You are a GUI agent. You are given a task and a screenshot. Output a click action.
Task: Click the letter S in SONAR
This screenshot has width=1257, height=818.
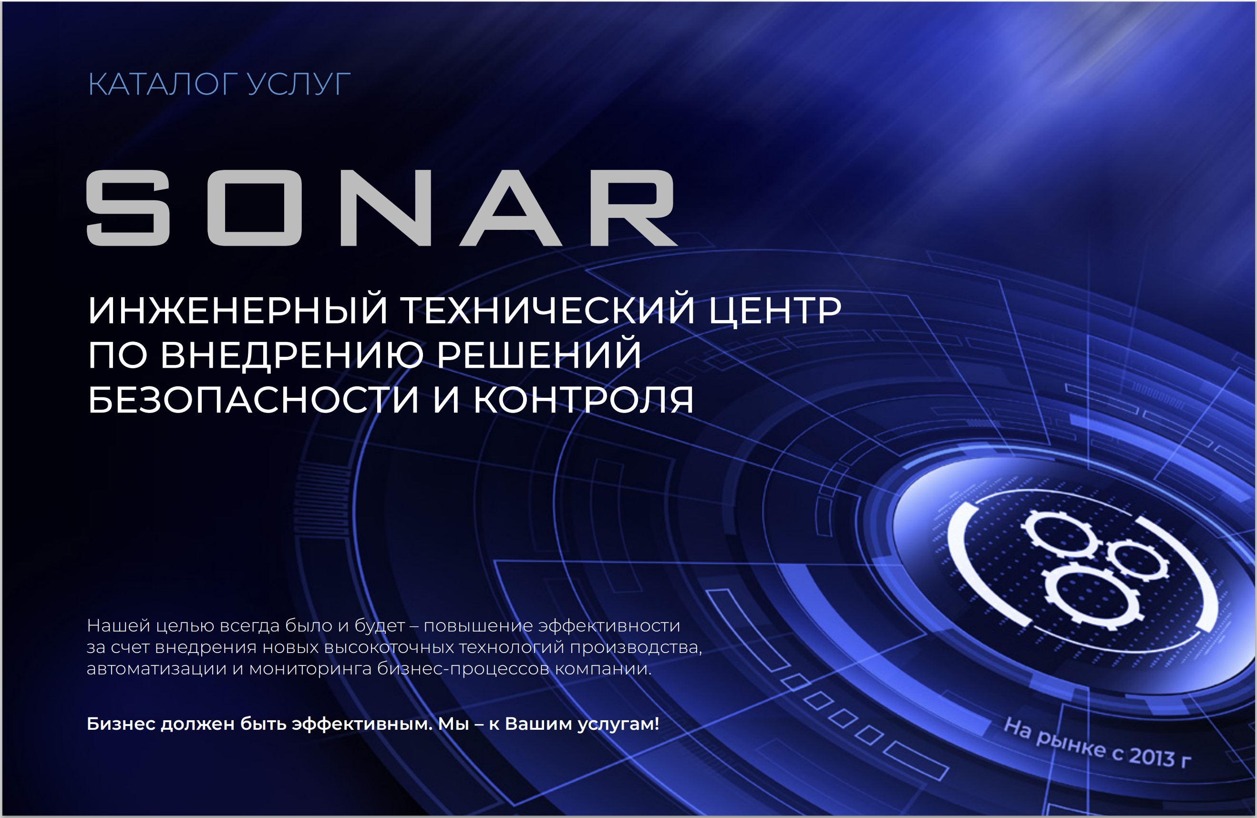tap(128, 207)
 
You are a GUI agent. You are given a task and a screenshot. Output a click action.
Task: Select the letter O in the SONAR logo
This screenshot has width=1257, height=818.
tap(255, 207)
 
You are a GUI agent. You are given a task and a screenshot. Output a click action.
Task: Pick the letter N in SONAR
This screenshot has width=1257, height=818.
tap(386, 207)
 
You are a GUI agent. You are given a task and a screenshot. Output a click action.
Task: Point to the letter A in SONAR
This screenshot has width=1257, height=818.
tap(511, 207)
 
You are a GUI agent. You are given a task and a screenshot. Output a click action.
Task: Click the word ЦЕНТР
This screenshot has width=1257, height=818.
tap(775, 310)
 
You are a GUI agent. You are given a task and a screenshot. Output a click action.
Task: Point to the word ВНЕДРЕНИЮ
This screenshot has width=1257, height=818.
tap(291, 354)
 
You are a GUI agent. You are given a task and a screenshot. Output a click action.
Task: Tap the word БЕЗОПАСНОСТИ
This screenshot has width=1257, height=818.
tap(254, 400)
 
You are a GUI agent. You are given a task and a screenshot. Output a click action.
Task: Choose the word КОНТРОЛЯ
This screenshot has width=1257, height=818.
tap(584, 400)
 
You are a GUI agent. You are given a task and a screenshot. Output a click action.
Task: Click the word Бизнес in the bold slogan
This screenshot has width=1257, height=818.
tap(121, 724)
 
